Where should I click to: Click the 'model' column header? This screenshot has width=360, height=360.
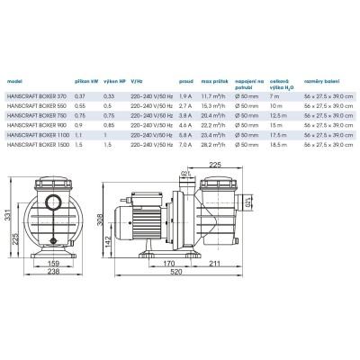tap(13, 79)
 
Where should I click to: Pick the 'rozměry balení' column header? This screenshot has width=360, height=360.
tap(320, 79)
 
